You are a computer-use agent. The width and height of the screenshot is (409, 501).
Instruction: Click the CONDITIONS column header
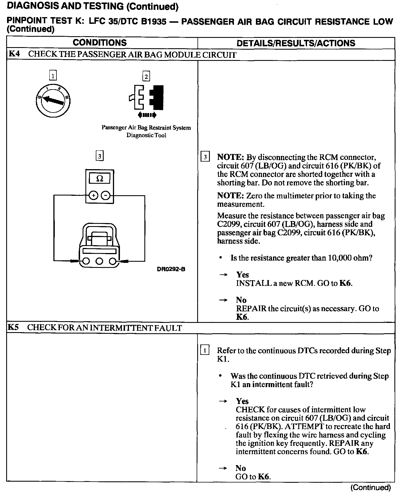point(100,43)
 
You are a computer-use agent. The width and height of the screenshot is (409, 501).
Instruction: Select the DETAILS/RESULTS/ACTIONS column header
point(296,43)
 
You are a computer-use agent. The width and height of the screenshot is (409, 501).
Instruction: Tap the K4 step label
point(14,54)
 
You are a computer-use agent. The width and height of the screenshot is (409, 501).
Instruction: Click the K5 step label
point(13,327)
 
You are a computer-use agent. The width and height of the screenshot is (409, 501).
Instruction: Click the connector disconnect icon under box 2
point(147,98)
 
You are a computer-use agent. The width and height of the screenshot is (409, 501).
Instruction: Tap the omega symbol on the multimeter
point(99,178)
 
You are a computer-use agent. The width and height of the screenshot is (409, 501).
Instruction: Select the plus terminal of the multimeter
point(93,195)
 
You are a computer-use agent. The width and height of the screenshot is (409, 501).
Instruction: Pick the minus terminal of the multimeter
point(106,195)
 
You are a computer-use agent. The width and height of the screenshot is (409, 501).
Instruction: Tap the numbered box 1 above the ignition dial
point(53,75)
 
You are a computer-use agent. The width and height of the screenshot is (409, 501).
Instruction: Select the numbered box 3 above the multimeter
point(99,156)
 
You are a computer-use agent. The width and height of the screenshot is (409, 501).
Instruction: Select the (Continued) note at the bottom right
point(371,488)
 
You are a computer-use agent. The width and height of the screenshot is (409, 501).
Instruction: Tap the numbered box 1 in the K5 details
point(205,351)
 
